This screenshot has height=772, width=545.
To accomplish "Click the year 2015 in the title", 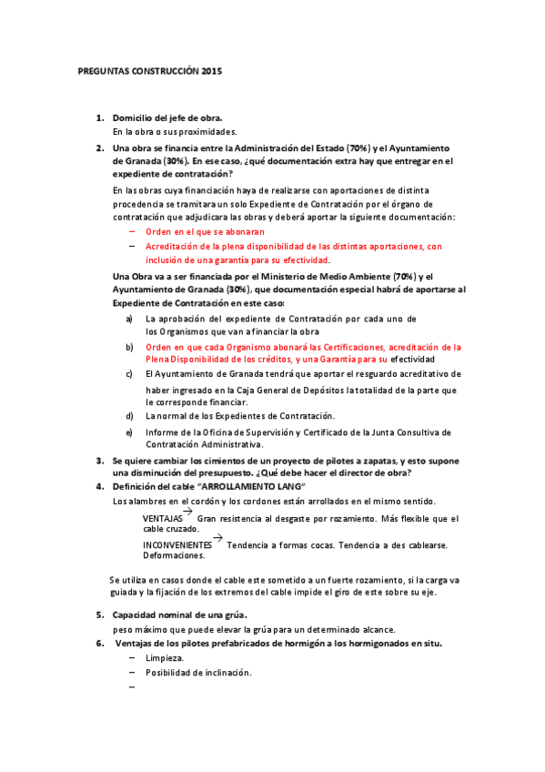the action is (x=211, y=70).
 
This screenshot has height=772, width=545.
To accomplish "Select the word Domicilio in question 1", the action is (x=134, y=118).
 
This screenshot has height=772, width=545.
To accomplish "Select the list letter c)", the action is (x=129, y=373).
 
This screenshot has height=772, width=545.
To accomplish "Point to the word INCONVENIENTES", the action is (x=177, y=545).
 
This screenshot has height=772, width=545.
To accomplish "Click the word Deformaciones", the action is (x=174, y=555).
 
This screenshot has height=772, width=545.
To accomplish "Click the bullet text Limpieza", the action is (x=165, y=658).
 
